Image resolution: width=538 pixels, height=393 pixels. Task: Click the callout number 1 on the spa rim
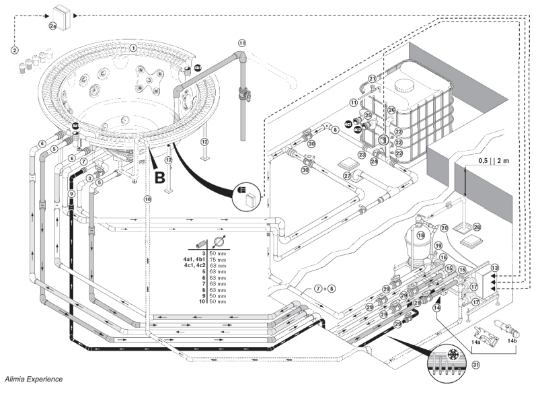[134, 48]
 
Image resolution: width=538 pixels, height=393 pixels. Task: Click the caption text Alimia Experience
[36, 381]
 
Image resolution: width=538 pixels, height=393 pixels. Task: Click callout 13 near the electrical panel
[495, 267]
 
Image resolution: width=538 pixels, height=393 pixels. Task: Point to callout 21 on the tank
[372, 79]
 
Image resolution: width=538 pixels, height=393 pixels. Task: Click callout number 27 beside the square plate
[348, 176]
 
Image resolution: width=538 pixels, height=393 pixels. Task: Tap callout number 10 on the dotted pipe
[148, 199]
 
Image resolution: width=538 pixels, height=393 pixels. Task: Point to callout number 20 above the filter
[444, 227]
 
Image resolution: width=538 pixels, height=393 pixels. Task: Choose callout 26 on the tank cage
[391, 110]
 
